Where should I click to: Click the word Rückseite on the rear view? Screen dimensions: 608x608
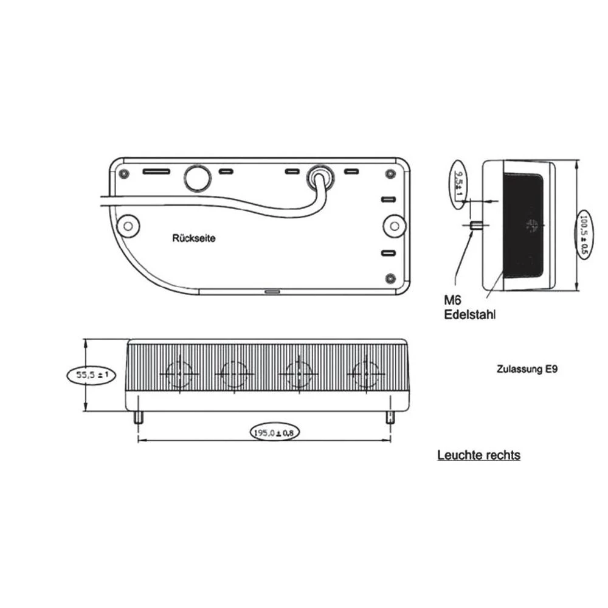pyautogui.click(x=193, y=238)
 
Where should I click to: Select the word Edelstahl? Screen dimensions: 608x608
pyautogui.click(x=470, y=314)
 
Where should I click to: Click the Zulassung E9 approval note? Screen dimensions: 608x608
pyautogui.click(x=527, y=368)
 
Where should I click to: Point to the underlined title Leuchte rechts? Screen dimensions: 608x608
pyautogui.click(x=478, y=455)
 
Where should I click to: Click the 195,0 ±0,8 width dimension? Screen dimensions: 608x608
pyautogui.click(x=274, y=432)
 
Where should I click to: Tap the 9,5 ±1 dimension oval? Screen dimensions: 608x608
pyautogui.click(x=459, y=184)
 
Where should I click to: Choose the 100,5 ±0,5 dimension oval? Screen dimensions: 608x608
pyautogui.click(x=584, y=233)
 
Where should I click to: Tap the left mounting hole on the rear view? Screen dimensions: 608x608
pyautogui.click(x=128, y=226)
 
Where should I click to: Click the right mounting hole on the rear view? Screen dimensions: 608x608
pyautogui.click(x=395, y=226)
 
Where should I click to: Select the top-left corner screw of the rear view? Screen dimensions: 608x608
pyautogui.click(x=125, y=173)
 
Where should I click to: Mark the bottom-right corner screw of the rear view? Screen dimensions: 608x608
pyautogui.click(x=390, y=278)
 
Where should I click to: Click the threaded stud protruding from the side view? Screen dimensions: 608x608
pyautogui.click(x=476, y=226)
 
